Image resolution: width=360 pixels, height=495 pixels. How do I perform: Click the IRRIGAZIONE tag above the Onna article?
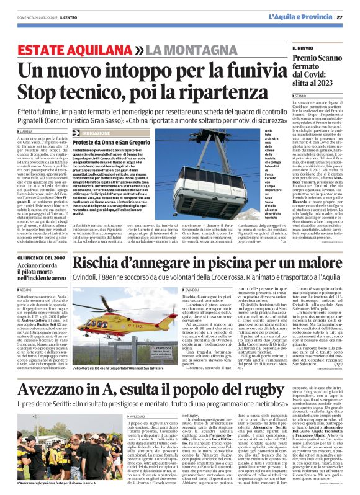[97, 133]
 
